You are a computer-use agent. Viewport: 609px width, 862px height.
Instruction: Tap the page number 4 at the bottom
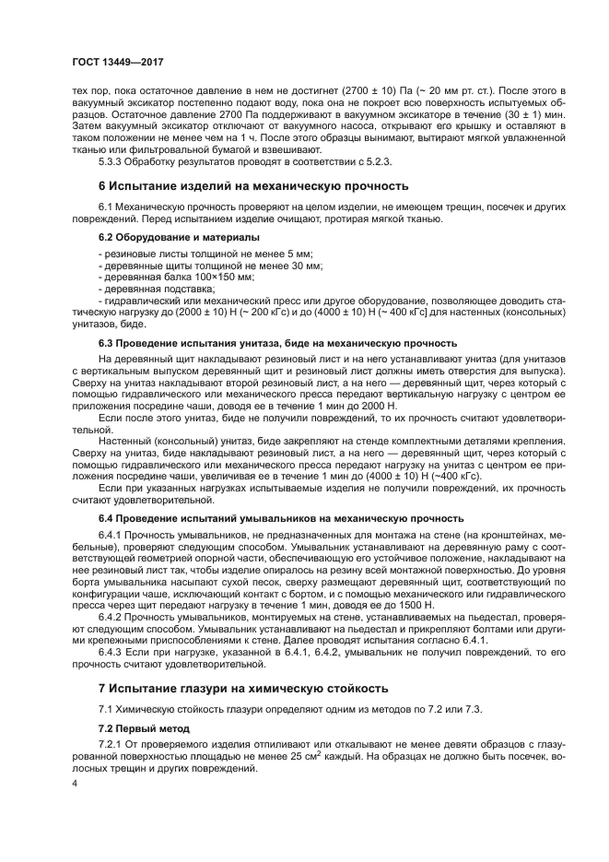coord(76,783)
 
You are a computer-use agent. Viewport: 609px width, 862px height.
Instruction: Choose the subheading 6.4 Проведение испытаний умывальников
coord(275,519)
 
